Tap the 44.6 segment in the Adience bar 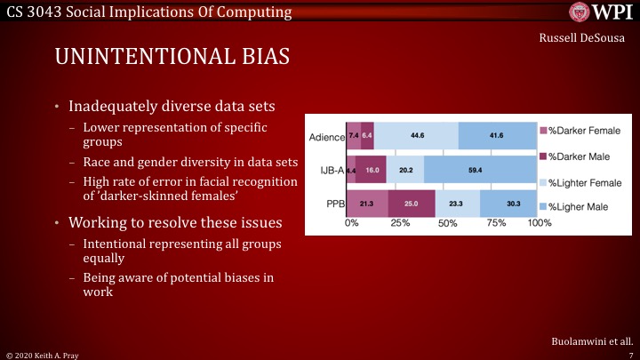416,135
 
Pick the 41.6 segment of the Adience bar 496,135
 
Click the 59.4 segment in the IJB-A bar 480,170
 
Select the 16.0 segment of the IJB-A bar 372,170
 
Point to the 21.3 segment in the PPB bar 367,204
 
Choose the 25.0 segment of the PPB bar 411,204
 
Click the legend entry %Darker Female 587,131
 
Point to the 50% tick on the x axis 447,223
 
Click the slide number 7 630,353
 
